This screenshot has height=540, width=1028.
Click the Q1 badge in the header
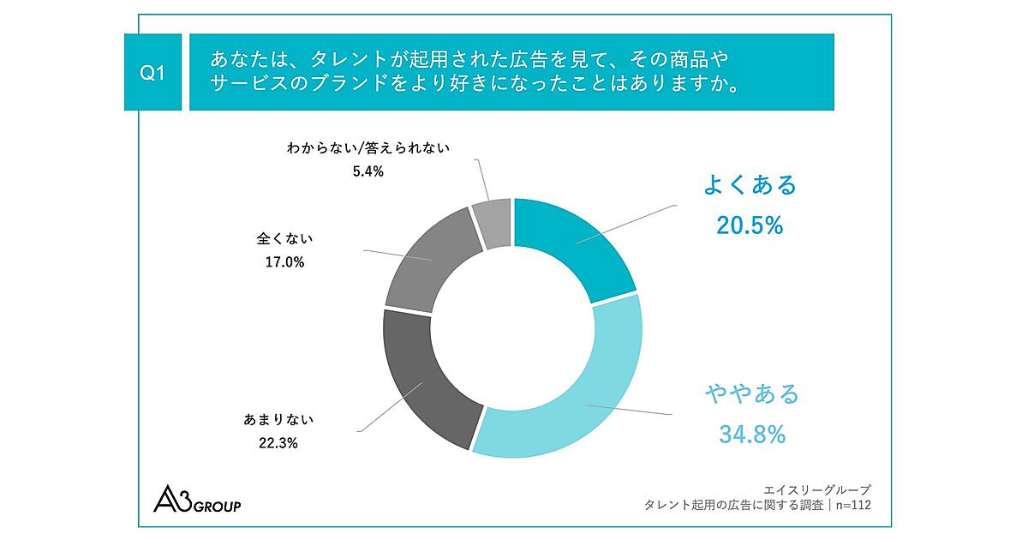pyautogui.click(x=152, y=73)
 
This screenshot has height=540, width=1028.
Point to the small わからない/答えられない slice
pyautogui.click(x=493, y=221)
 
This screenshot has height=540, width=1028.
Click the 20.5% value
pyautogui.click(x=750, y=225)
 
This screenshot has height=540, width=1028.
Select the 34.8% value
pyautogui.click(x=751, y=435)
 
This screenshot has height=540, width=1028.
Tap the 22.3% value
pyautogui.click(x=267, y=443)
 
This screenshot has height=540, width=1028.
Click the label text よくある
pyautogui.click(x=750, y=185)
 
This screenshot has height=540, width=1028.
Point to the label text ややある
pyautogui.click(x=751, y=394)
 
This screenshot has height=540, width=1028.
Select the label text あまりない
pyautogui.click(x=267, y=420)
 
